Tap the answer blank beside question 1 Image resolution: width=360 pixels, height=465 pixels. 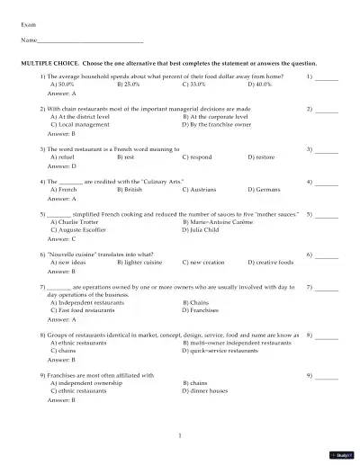[x=327, y=78]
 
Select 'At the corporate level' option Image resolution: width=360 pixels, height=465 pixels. [x=221, y=116]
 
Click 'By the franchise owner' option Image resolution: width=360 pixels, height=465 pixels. [x=221, y=123]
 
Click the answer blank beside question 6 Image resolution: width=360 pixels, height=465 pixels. [x=327, y=256]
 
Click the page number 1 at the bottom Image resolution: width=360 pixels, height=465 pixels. [x=180, y=436]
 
